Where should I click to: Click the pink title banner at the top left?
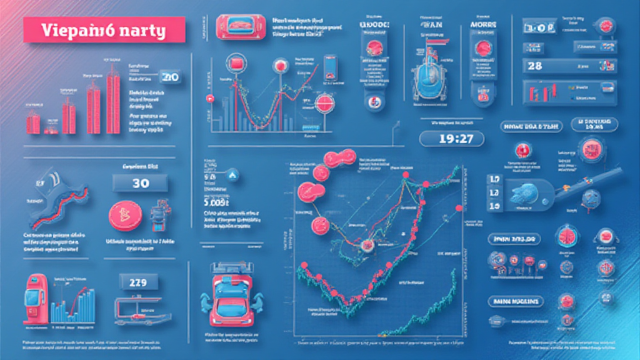[104, 29]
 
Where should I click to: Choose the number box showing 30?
[141, 183]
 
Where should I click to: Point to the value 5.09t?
[216, 201]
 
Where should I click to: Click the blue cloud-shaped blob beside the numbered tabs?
[520, 193]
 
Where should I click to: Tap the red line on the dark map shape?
[53, 212]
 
